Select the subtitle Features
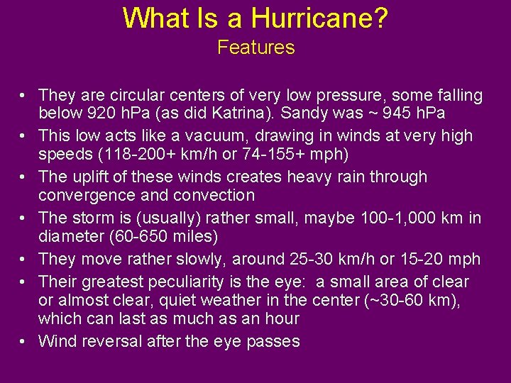coord(255,48)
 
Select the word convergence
coord(75,195)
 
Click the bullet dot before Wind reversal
coord(23,341)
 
